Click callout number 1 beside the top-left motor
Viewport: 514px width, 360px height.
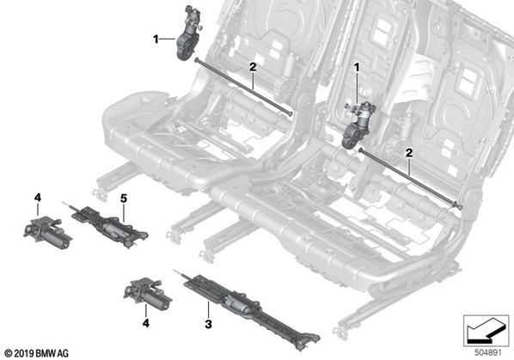(x=156, y=40)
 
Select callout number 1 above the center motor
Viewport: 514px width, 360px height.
(x=357, y=68)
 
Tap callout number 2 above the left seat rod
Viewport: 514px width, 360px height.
(x=253, y=67)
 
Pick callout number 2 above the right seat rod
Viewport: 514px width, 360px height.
(x=409, y=153)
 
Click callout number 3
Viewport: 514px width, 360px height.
(x=208, y=324)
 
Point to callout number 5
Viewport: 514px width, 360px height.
(x=124, y=198)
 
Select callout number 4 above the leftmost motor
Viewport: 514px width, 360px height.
(x=38, y=198)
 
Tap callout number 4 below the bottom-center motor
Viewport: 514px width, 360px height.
(x=146, y=323)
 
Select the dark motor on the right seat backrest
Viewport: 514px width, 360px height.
(x=358, y=125)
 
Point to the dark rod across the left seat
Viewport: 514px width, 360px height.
(x=243, y=87)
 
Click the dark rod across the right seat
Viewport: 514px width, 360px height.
(x=410, y=178)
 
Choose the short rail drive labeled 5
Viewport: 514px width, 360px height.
(x=108, y=225)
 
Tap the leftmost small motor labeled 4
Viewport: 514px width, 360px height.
(x=47, y=233)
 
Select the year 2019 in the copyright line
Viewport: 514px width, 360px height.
(x=25, y=353)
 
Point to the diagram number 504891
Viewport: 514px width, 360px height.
(x=488, y=353)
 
